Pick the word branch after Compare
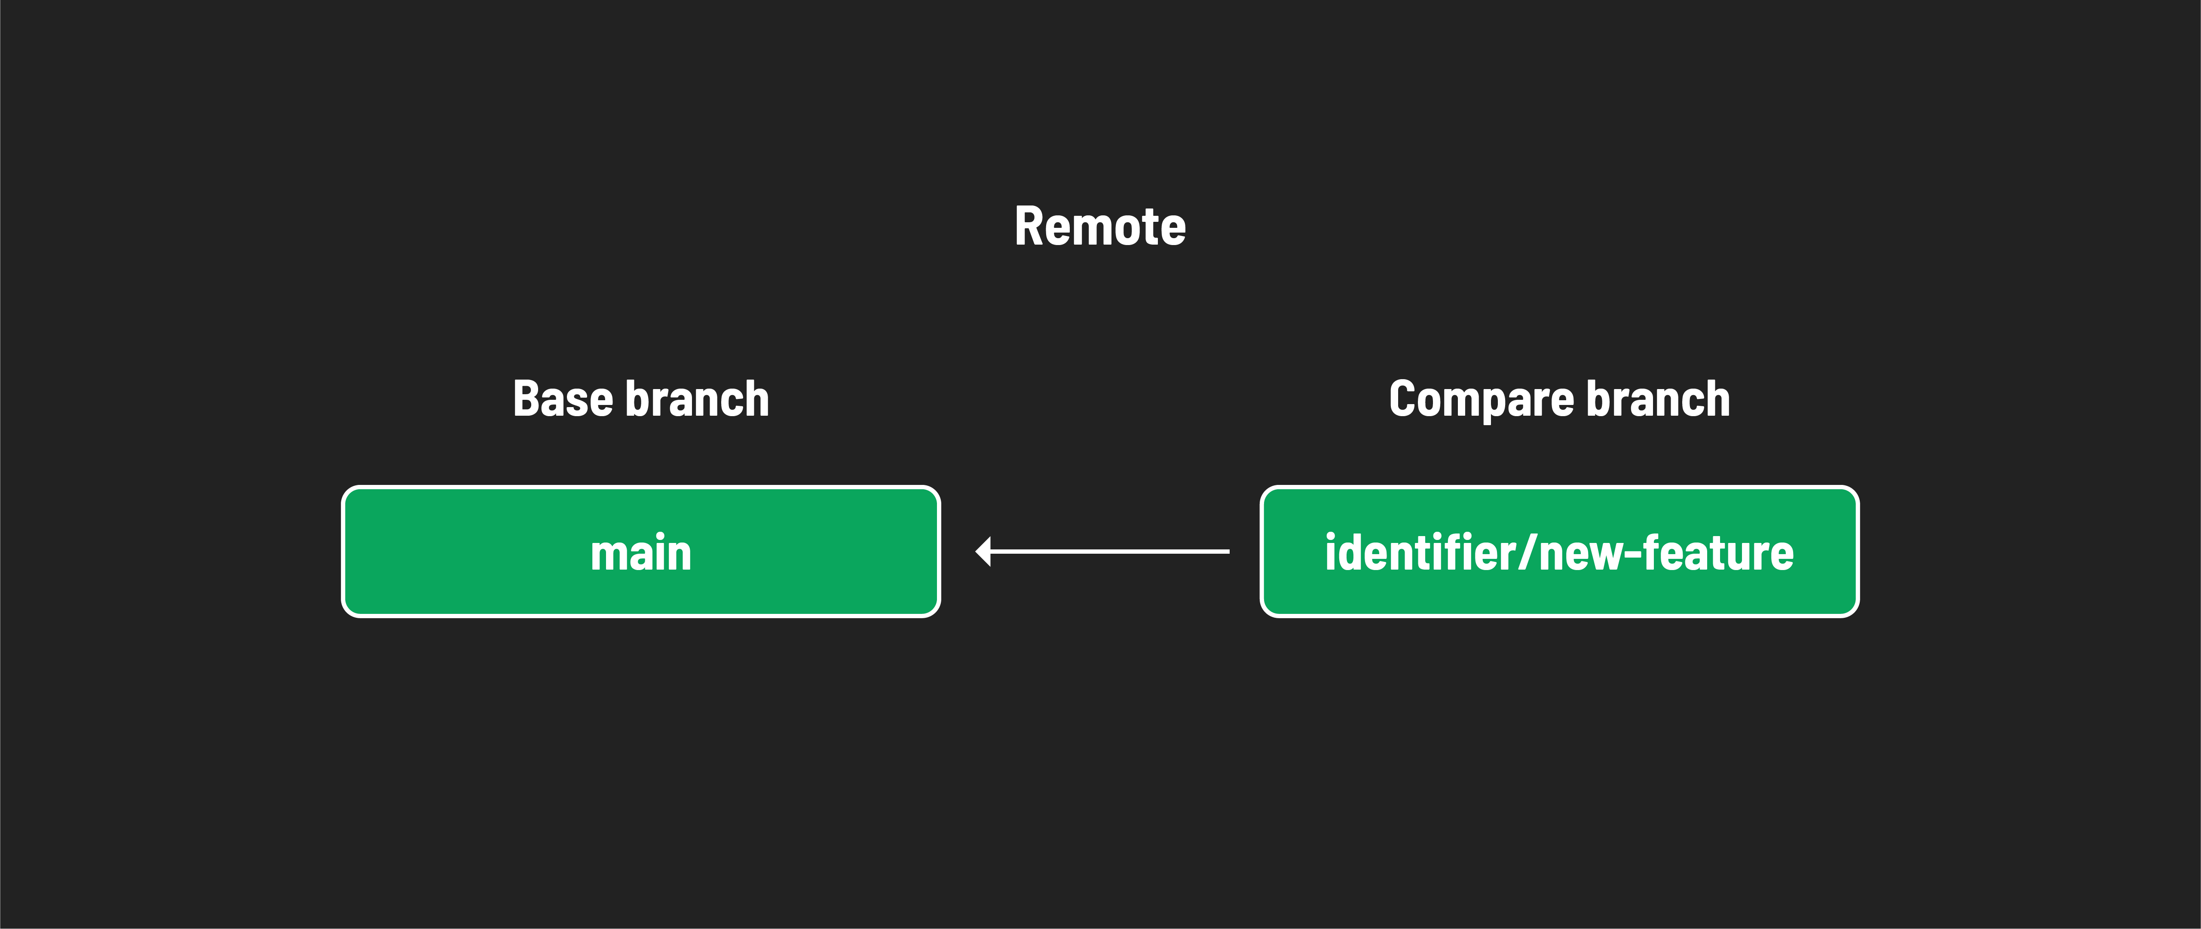point(1658,399)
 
